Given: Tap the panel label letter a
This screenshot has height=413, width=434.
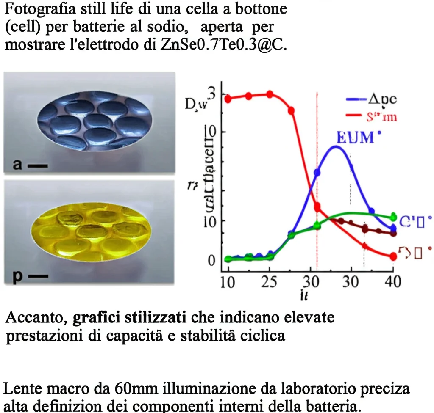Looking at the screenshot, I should pos(17,165).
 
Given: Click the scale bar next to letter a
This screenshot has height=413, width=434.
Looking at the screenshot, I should pos(37,166).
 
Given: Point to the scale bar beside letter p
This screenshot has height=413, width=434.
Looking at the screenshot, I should pos(39,277).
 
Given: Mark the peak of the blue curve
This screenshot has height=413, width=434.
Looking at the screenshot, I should pos(336,147).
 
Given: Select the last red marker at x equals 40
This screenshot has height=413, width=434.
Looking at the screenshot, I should pos(393,256).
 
